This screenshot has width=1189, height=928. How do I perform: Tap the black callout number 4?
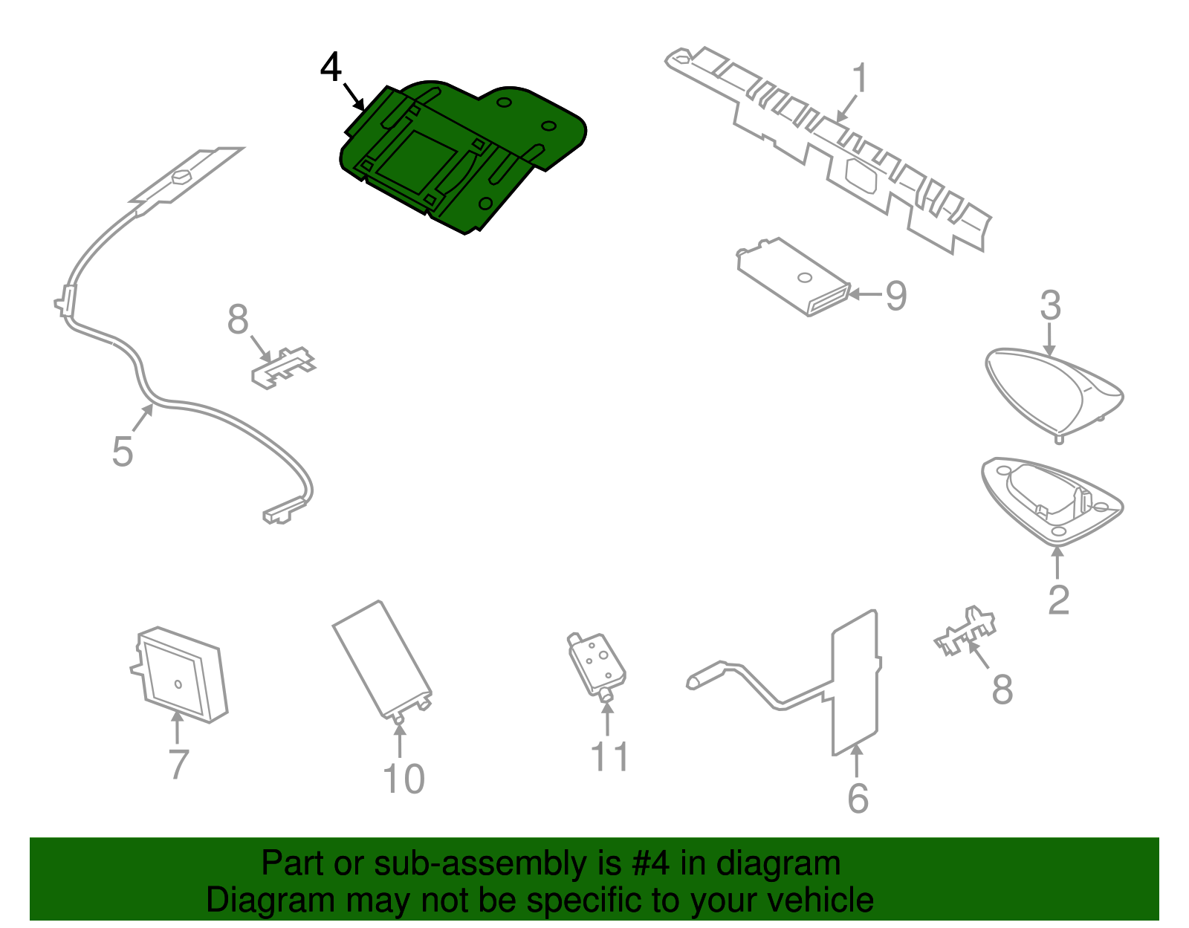click(x=331, y=68)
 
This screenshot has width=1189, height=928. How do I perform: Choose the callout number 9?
click(x=896, y=296)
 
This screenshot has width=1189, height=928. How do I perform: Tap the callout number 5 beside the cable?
click(x=123, y=452)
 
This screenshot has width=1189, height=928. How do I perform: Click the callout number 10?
click(x=404, y=779)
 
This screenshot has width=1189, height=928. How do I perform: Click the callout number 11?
click(x=609, y=757)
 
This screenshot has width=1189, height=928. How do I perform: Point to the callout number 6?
click(x=858, y=799)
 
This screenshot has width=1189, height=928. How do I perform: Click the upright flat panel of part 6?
click(x=855, y=684)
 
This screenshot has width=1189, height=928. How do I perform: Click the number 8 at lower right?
click(x=1002, y=689)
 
